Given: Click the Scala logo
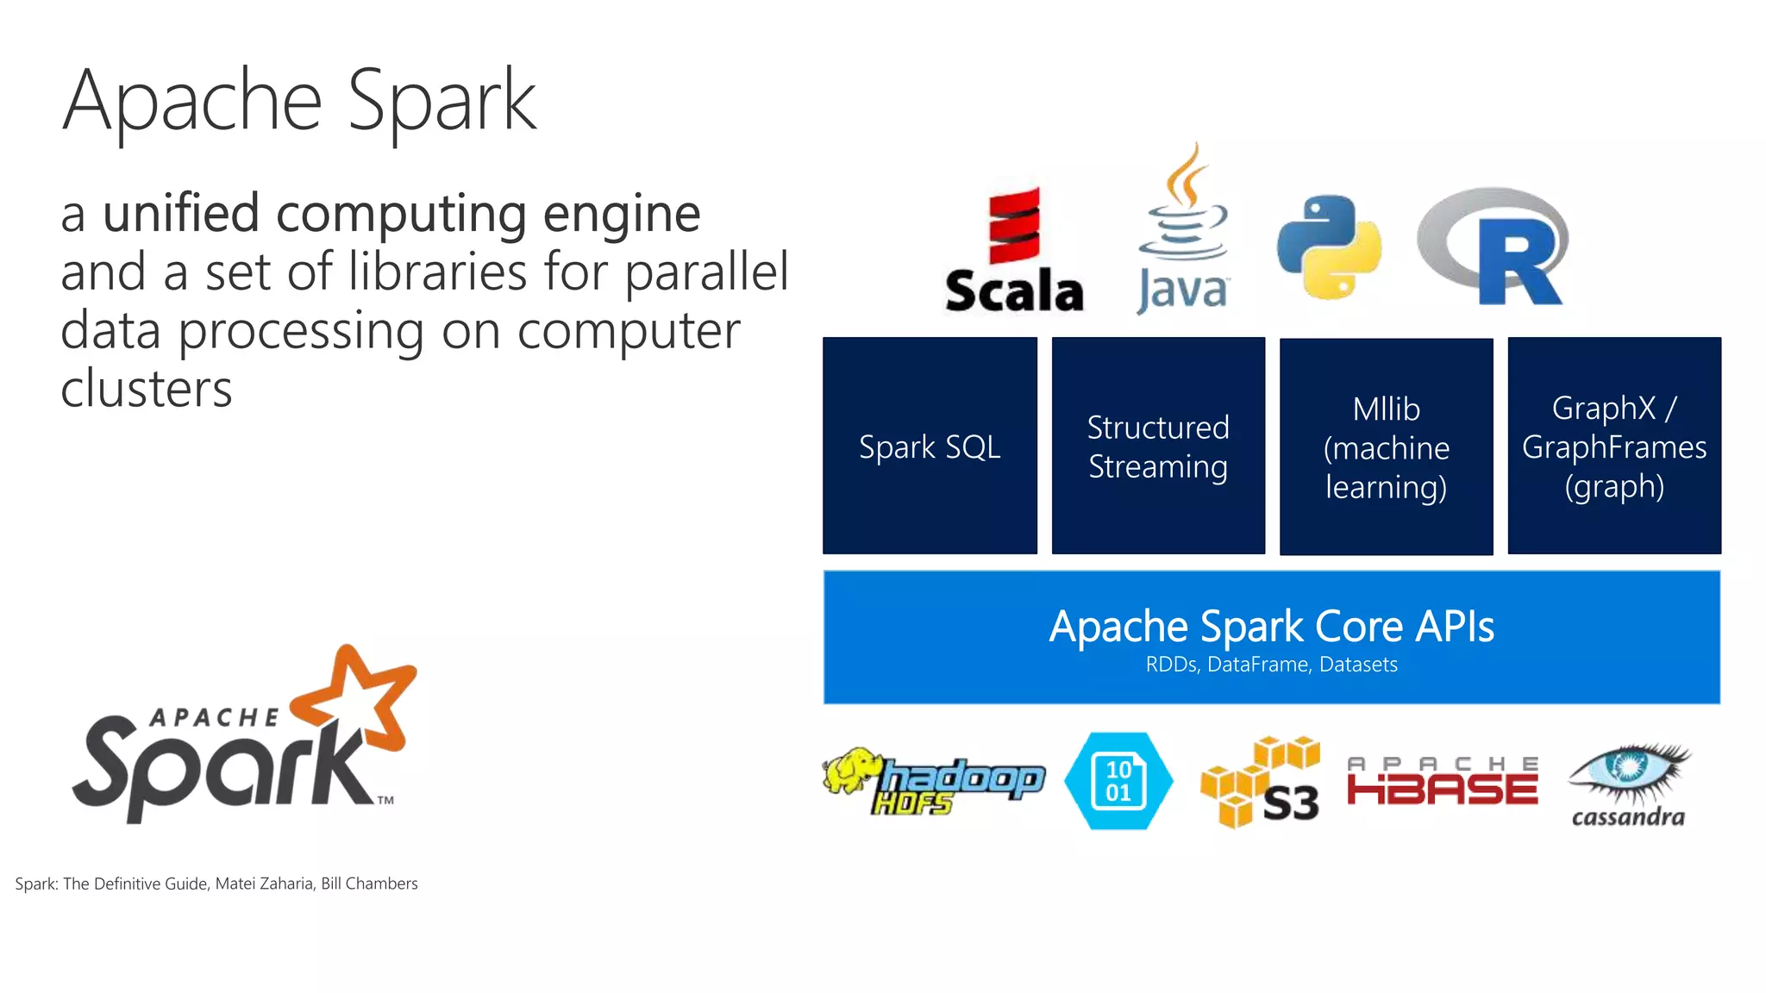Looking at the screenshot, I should [1014, 250].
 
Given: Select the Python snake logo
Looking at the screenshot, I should [1329, 247].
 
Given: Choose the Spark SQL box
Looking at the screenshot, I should [930, 446].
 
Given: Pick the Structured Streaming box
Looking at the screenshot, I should [1158, 446].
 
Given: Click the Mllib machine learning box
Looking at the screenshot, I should [1386, 447].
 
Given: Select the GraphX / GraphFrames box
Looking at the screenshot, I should [1614, 446].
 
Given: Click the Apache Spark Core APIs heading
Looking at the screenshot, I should [1271, 627].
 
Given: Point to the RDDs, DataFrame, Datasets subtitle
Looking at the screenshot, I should [1271, 665].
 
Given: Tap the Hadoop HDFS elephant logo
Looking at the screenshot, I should [933, 781].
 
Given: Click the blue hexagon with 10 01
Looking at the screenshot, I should [1118, 781].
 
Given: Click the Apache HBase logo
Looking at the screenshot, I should [1443, 781].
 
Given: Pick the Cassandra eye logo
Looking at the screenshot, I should [1628, 784].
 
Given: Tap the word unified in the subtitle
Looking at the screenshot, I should [181, 214].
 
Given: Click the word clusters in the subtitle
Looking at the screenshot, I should [147, 389].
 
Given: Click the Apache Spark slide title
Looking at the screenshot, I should [299, 101].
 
